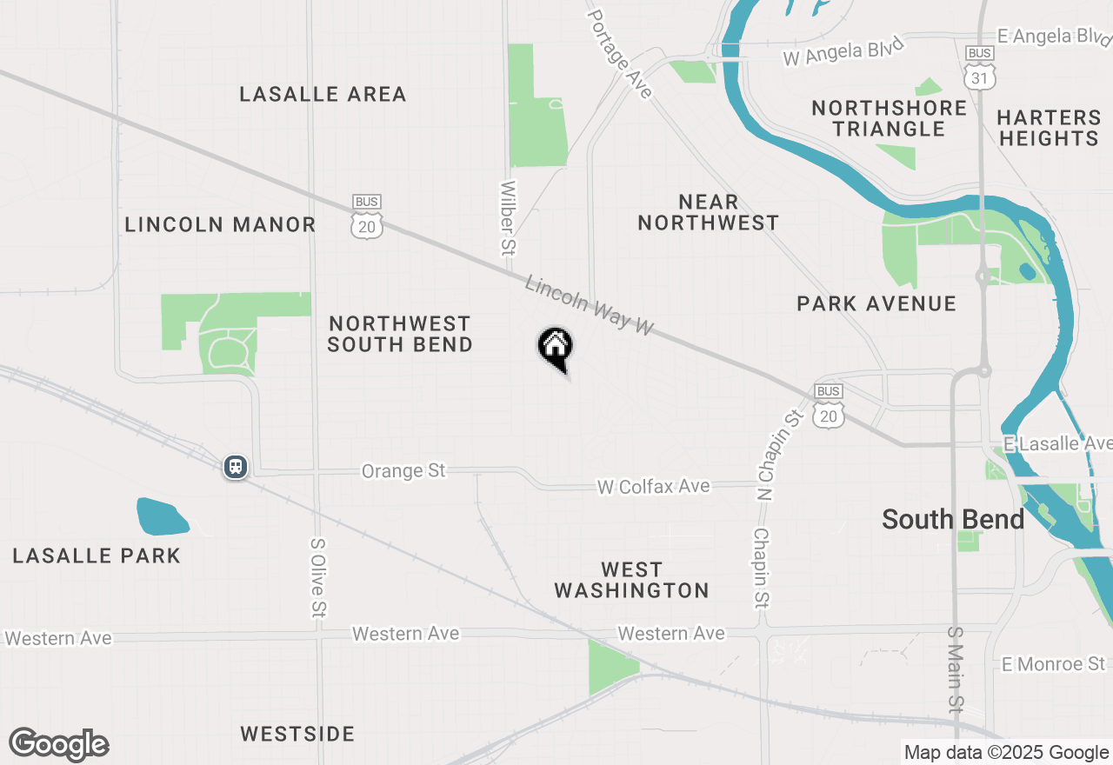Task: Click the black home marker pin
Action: [555, 348]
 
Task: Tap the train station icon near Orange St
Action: [235, 467]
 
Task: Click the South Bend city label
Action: [953, 520]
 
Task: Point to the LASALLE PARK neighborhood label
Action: [97, 555]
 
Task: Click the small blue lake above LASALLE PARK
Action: [162, 516]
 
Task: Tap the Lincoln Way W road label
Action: [590, 305]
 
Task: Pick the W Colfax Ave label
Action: [653, 487]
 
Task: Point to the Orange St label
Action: [403, 470]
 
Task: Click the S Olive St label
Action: [317, 577]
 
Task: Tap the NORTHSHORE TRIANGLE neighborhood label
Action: [889, 118]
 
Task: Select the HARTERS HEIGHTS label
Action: [1049, 128]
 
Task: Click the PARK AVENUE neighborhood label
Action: [876, 303]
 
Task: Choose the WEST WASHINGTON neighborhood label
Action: [631, 580]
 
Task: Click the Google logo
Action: [58, 744]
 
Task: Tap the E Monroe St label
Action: [1054, 664]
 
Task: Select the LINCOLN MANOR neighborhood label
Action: [220, 224]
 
